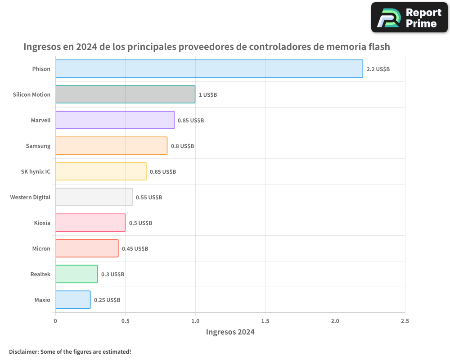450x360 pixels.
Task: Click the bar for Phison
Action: (209, 69)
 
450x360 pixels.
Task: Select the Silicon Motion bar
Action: (125, 94)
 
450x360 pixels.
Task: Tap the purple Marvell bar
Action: (115, 120)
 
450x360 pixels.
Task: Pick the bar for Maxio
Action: (73, 300)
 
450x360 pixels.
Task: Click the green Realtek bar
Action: (76, 274)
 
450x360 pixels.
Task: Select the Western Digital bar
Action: (94, 197)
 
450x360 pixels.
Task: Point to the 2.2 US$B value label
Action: (378, 69)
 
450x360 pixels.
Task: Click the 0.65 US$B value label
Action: (163, 172)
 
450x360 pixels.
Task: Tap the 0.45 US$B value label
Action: (135, 249)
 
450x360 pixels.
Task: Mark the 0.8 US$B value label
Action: (182, 146)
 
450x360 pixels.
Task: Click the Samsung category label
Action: (38, 146)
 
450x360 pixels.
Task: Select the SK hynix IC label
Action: (36, 171)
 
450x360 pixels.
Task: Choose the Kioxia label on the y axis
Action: (42, 223)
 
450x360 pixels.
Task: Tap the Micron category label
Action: (41, 248)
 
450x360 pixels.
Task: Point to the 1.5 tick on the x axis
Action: (265, 321)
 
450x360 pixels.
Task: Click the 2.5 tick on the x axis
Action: (405, 321)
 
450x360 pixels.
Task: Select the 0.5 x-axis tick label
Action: (125, 321)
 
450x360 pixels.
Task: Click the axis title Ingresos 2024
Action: (230, 332)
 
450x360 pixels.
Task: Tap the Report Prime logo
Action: (409, 18)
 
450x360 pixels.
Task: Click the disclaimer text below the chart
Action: (70, 351)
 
